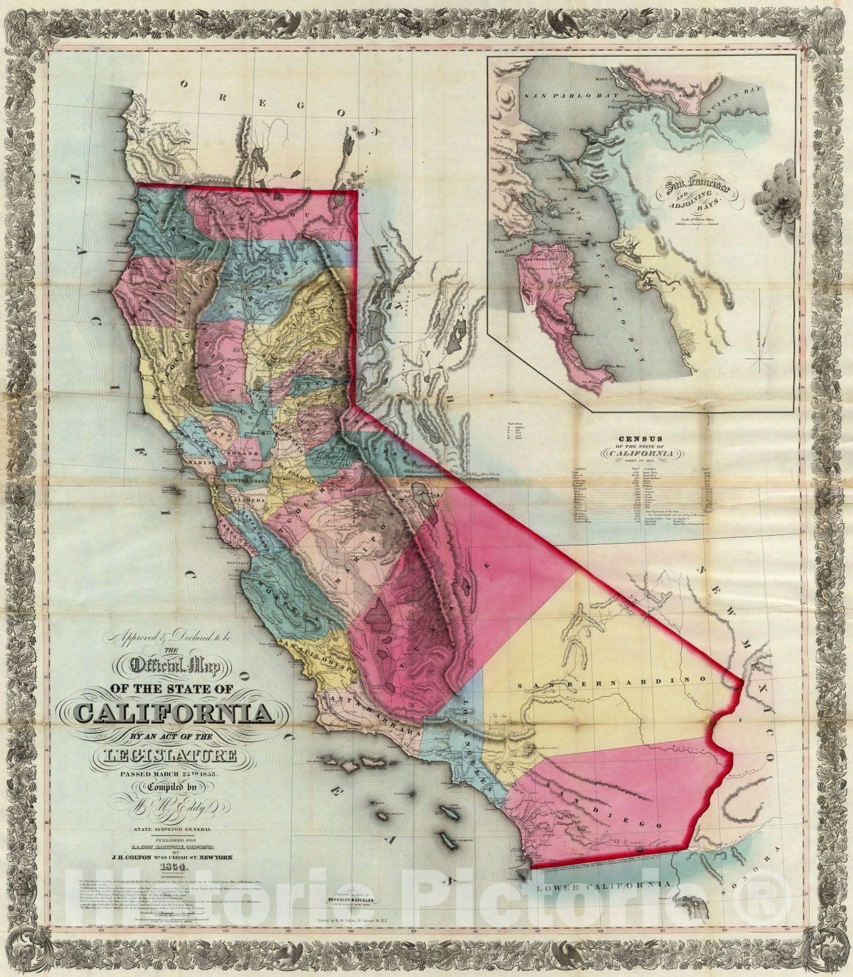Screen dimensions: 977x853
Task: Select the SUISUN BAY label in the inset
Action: coord(752,101)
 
